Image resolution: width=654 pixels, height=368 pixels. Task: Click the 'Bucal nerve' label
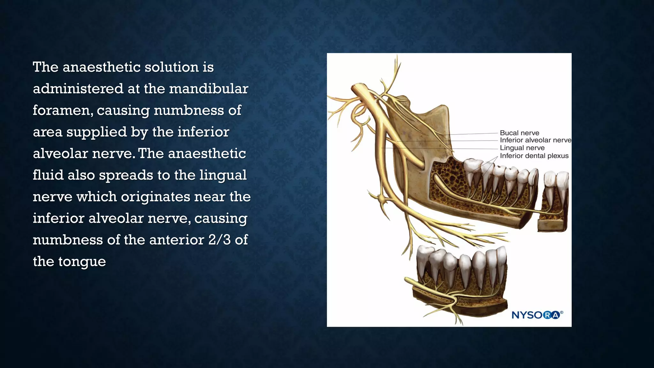[x=519, y=133]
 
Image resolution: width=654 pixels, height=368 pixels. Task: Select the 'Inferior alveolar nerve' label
[x=535, y=140]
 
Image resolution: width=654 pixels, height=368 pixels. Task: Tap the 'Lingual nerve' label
[x=522, y=148]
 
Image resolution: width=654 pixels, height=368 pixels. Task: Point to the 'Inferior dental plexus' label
[x=534, y=156]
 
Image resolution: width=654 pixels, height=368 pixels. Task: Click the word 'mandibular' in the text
[x=209, y=89]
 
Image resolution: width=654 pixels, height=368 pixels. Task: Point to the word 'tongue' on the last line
[x=82, y=262]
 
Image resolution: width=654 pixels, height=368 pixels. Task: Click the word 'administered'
[x=78, y=89]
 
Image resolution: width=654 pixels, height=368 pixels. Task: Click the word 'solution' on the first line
[x=171, y=67]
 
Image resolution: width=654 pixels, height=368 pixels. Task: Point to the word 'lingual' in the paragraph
[x=223, y=175]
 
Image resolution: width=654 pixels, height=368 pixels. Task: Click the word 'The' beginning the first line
[x=45, y=67]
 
